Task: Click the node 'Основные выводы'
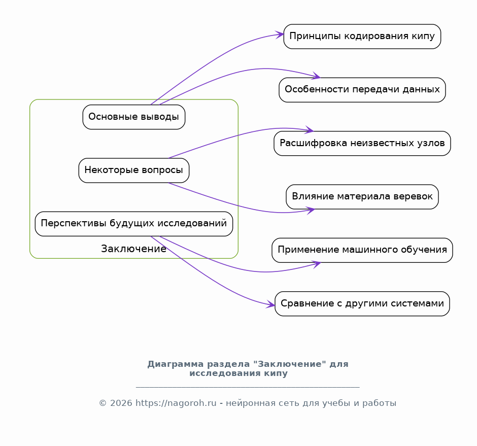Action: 134,117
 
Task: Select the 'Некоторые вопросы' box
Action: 134,170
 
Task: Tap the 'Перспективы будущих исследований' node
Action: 134,224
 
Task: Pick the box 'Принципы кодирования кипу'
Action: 362,37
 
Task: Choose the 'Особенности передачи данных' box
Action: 362,90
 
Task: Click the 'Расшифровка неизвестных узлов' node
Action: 362,143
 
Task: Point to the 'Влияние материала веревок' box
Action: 362,197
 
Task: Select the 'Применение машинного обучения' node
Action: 362,250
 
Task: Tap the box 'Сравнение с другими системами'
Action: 362,303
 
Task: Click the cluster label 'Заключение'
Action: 134,249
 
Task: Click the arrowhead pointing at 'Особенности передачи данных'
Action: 316,76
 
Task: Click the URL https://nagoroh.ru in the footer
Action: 176,403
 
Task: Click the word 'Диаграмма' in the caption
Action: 176,364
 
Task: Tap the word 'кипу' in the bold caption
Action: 276,373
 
